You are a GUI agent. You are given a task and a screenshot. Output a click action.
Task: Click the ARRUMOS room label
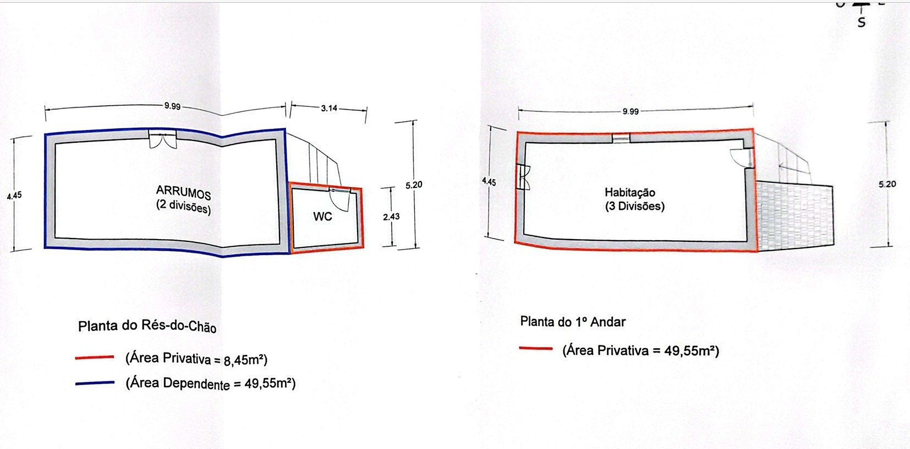point(183,192)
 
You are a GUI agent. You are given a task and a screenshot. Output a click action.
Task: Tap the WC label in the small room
point(322,217)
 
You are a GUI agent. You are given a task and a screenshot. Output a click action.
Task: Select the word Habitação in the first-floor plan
point(630,192)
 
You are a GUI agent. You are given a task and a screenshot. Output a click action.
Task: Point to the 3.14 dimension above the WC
point(329,108)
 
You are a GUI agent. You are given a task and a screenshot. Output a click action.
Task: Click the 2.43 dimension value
point(391,217)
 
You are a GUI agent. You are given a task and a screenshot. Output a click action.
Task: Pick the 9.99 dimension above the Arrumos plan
point(172,106)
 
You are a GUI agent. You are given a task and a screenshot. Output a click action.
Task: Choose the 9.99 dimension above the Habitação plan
point(631,111)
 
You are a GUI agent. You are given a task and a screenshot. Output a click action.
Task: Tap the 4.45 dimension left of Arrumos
point(14,195)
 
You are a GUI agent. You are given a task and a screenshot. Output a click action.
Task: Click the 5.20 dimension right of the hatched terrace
point(887,184)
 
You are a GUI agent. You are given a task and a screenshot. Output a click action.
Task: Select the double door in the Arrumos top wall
point(162,139)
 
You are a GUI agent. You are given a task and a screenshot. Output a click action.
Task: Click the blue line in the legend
point(95,383)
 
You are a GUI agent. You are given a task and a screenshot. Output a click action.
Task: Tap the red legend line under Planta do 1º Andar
point(535,348)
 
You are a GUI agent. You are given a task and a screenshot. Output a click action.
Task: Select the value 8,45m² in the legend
point(244,361)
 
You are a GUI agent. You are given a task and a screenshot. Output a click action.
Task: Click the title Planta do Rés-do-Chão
point(147,326)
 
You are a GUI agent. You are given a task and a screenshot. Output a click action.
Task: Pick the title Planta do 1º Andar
point(573,322)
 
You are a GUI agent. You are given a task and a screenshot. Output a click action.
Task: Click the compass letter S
point(862,23)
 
